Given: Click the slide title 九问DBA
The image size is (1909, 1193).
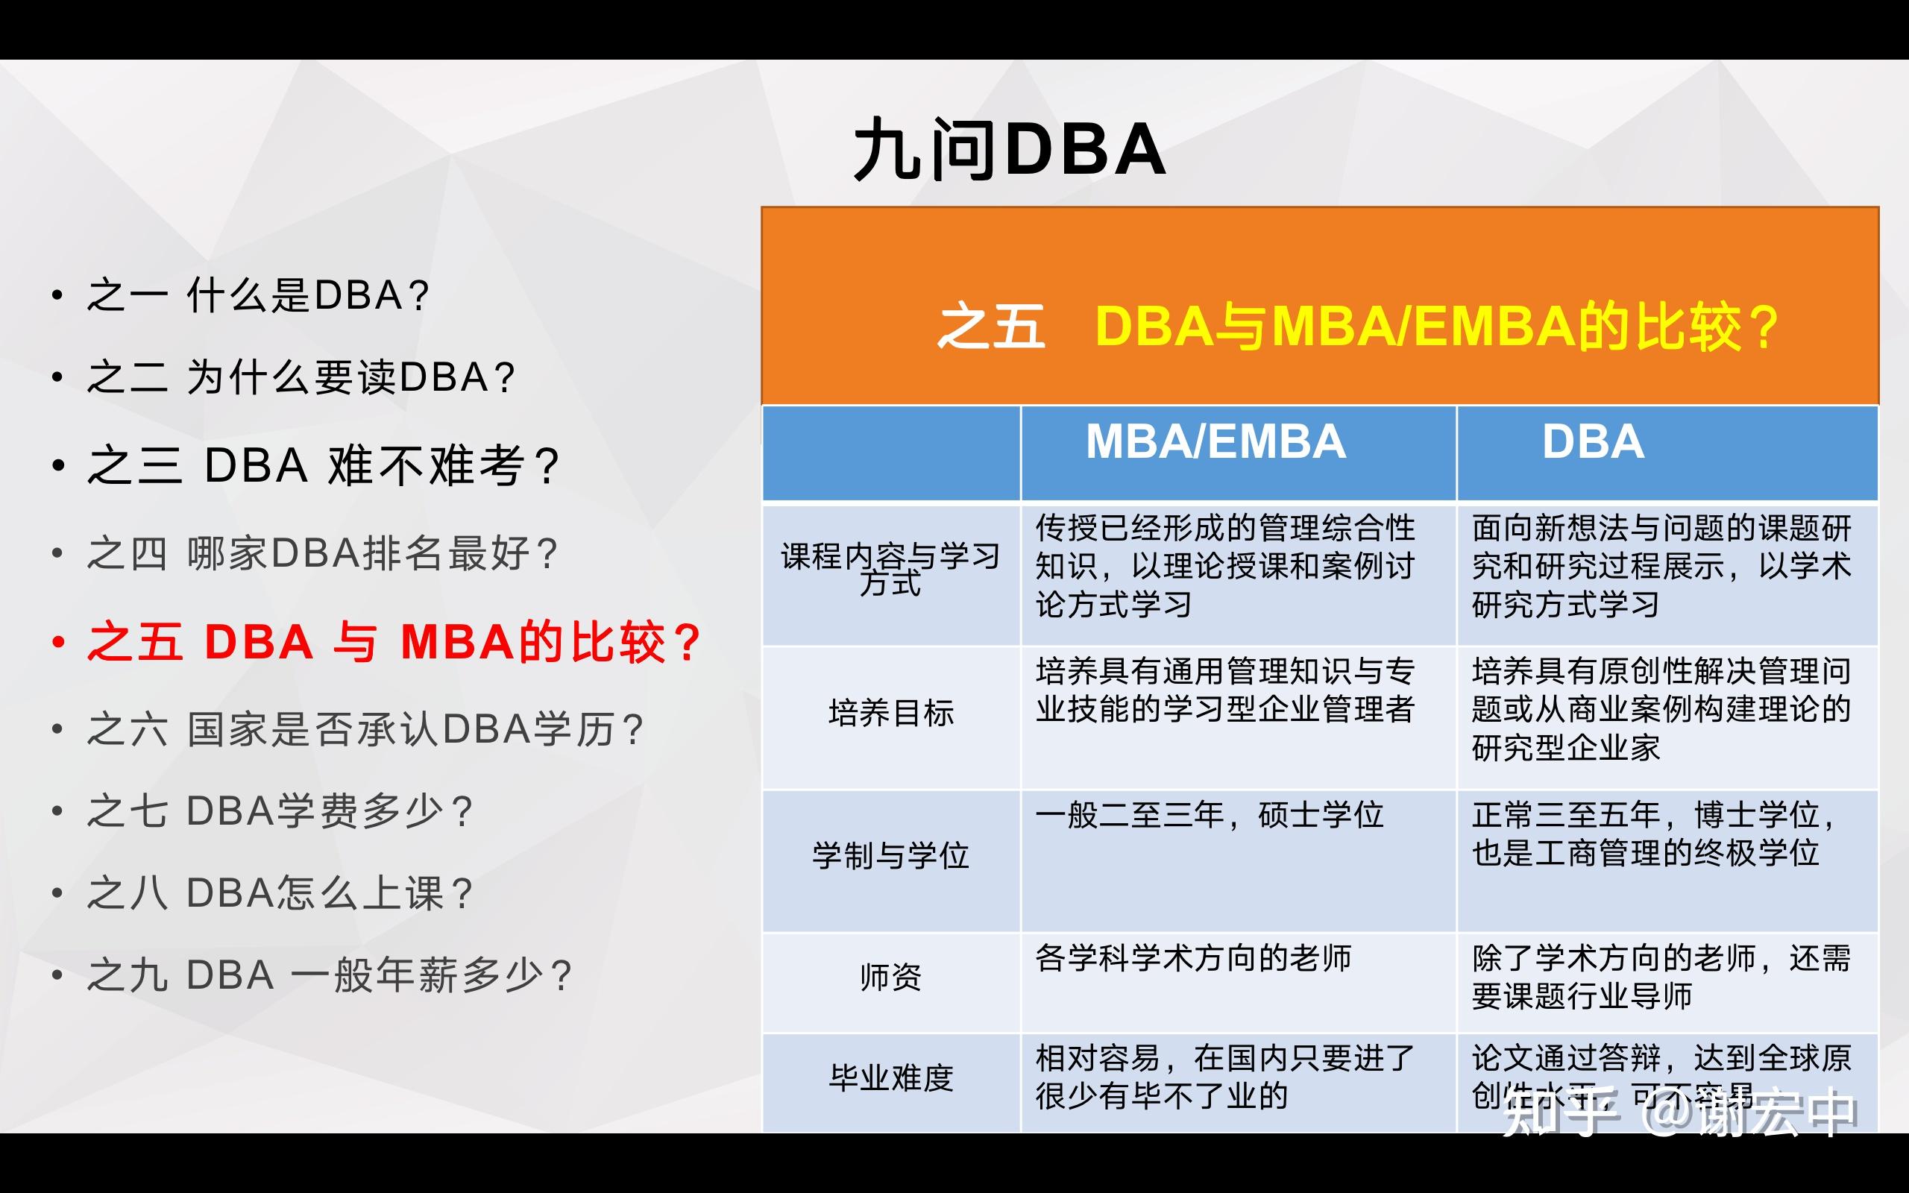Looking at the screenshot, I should (x=1009, y=150).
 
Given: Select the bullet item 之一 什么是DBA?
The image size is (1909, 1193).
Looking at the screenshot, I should (x=258, y=296).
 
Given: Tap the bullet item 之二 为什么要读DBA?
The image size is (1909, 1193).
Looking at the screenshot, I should (x=301, y=377).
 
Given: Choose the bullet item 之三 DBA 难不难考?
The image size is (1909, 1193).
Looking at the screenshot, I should (x=324, y=465).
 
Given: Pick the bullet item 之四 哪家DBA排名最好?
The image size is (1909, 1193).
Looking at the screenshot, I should (x=323, y=553).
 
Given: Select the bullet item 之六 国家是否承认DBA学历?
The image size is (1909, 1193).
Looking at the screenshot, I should (x=365, y=729).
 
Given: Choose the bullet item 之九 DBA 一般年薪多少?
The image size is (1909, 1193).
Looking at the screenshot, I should (x=329, y=975).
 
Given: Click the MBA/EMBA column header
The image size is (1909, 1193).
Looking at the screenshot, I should (x=1215, y=442).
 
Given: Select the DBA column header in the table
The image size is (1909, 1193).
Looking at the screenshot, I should (x=1593, y=442).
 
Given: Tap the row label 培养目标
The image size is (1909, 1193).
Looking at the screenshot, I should (x=890, y=714).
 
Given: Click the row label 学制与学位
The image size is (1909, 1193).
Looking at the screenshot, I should (x=890, y=856).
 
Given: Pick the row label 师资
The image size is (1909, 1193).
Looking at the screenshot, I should (x=890, y=978).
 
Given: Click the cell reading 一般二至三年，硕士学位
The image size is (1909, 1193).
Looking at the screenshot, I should (x=1209, y=815).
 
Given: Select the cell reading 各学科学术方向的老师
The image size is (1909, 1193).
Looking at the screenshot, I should (x=1192, y=958).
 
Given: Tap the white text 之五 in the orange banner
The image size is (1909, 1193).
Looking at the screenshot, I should (x=991, y=327).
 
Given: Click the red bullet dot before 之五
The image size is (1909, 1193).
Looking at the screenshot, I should (x=57, y=642).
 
